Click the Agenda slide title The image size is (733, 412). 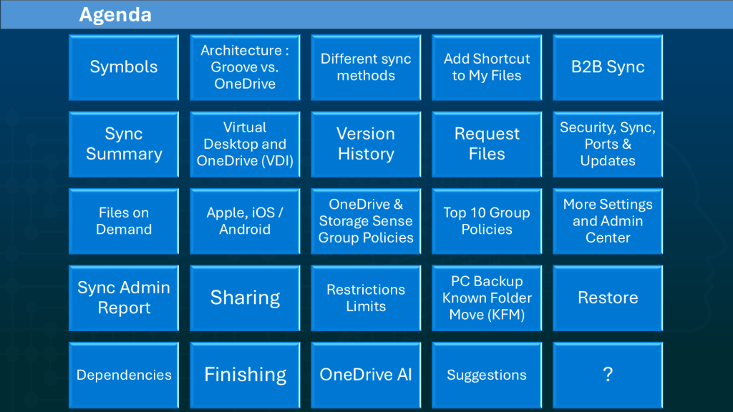115,15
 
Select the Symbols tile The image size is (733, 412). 124,67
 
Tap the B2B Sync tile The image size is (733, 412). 608,67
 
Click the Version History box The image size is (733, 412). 366,144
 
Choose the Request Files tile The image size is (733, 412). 487,144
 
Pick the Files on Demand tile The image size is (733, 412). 124,221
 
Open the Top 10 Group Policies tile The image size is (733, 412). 487,221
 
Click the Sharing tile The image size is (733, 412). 245,298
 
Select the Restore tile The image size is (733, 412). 608,298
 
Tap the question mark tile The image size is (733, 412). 608,375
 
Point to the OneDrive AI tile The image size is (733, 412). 366,375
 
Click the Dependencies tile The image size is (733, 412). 124,375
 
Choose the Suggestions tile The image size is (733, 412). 487,375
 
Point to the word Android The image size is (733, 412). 245,230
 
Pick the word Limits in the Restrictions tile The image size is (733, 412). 366,306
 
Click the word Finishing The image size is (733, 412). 245,375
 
